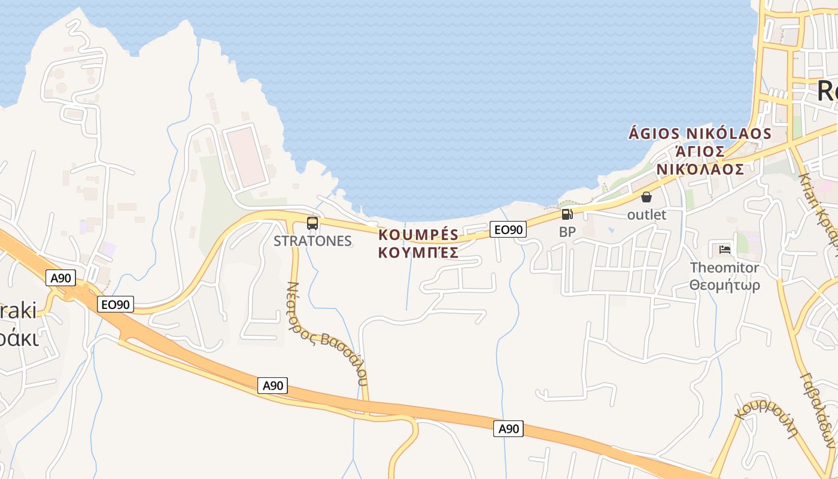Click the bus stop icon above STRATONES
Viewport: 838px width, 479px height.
tap(312, 223)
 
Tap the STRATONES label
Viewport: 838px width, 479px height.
tap(312, 241)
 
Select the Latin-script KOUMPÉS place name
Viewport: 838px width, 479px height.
tap(418, 234)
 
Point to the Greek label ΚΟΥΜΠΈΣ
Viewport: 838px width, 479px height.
tap(418, 252)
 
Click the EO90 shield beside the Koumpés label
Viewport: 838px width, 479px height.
tap(508, 229)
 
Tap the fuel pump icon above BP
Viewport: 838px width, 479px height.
tap(567, 214)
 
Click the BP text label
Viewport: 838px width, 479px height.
tap(567, 232)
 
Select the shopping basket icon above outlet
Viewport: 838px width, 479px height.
tap(646, 197)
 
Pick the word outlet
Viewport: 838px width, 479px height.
tap(646, 214)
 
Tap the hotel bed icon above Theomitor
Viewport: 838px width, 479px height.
tap(724, 249)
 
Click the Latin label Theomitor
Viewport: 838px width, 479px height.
tap(724, 268)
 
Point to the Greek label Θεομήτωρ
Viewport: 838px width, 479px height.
tap(724, 285)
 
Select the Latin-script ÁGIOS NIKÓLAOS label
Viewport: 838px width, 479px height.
tap(700, 133)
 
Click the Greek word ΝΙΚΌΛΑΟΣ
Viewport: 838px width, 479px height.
tap(700, 169)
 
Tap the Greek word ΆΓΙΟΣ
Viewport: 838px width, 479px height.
tap(700, 151)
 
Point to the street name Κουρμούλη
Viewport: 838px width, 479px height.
tap(768, 417)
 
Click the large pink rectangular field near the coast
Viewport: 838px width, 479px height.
tap(245, 156)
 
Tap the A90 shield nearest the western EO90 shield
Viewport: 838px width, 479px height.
tap(62, 278)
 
